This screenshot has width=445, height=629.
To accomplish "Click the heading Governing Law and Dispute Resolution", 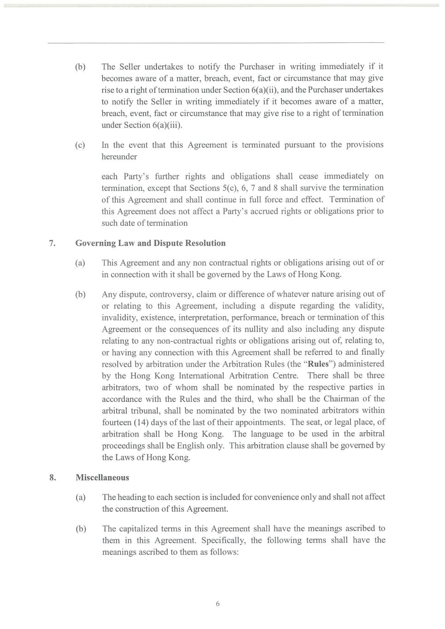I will (x=150, y=243).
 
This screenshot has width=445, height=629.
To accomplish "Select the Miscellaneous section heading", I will (x=102, y=477).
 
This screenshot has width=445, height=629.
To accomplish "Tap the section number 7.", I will (x=53, y=243).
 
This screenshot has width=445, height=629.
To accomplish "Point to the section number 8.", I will (x=53, y=477).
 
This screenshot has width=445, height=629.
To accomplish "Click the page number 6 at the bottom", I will (x=218, y=604).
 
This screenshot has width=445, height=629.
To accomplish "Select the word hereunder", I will (x=119, y=157).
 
